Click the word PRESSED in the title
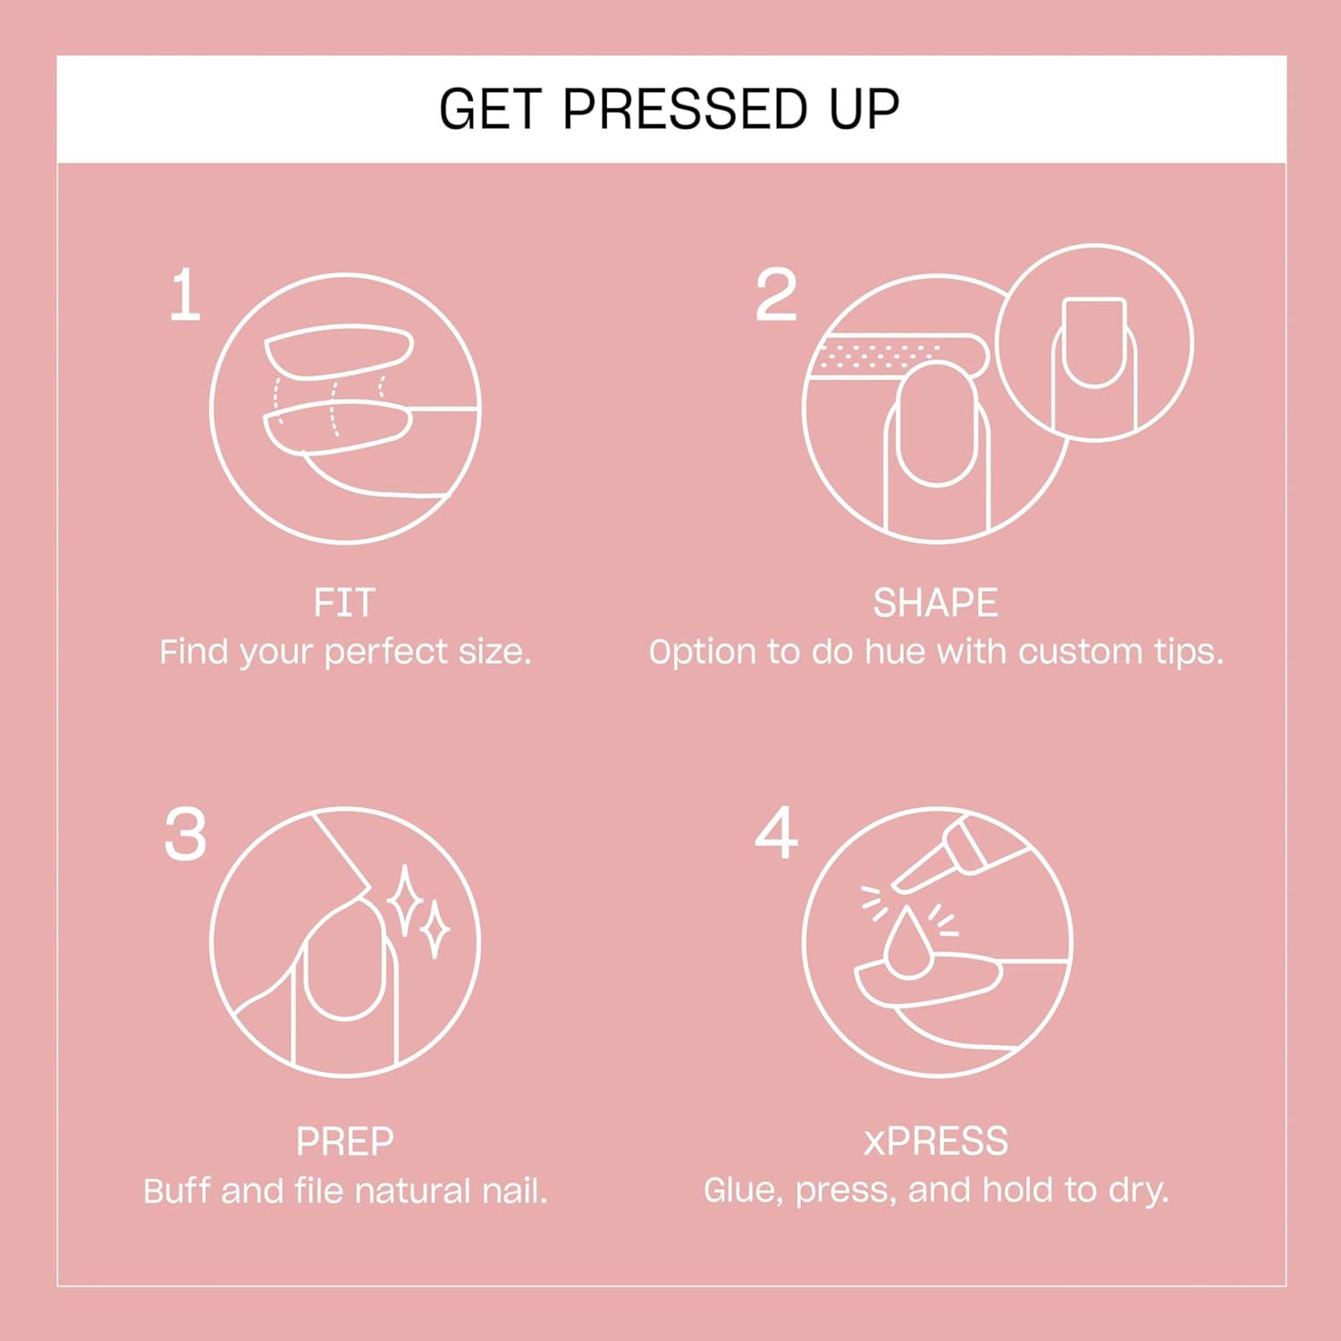[x=685, y=109]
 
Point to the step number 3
[x=185, y=835]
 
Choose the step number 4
[x=775, y=833]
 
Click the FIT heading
[x=344, y=603]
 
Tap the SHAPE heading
[x=935, y=603]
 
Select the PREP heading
[x=344, y=1142]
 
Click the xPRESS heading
[x=935, y=1142]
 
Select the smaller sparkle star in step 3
[x=435, y=930]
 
